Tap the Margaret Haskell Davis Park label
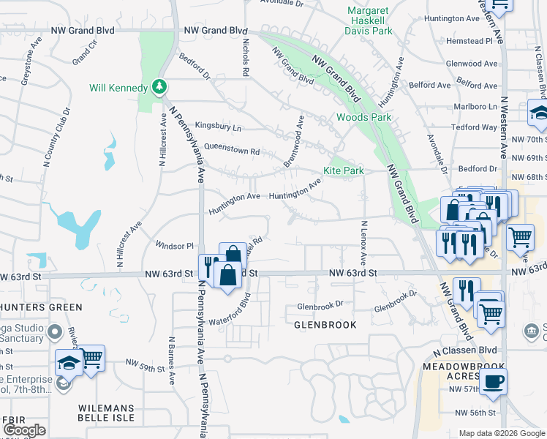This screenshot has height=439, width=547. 369,20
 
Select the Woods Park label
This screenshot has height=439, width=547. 363,117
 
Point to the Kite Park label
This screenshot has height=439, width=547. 344,170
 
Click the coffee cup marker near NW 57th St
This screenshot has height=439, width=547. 493,381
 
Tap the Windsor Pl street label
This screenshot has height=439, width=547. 174,246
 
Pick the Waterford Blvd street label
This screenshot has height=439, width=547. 231,312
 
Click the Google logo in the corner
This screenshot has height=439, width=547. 24,430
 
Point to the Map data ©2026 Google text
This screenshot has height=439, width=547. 500,433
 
